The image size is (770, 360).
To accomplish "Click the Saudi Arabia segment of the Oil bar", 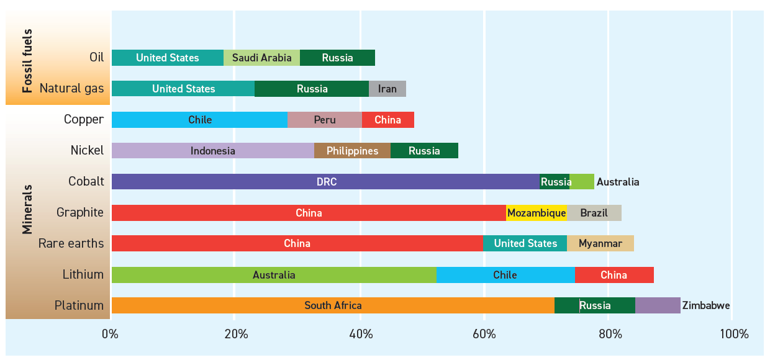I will click(261, 58).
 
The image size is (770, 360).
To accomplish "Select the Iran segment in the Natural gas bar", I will click(387, 89).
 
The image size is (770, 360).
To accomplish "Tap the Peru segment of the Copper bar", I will click(324, 120).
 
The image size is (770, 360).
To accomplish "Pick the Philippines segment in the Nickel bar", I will click(352, 151).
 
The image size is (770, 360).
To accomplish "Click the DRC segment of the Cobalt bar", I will click(325, 182).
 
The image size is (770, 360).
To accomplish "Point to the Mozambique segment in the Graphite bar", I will click(537, 213).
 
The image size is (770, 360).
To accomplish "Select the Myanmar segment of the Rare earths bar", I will click(600, 243).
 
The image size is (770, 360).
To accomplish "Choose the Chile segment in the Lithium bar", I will click(505, 274).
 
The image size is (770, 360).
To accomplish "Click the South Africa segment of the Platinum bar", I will click(333, 305).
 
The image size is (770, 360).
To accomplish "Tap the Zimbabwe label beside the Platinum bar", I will click(705, 305).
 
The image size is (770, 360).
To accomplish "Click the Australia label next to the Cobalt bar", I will click(617, 182).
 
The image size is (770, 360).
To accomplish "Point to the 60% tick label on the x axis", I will click(484, 335).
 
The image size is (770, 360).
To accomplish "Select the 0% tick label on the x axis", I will click(111, 335).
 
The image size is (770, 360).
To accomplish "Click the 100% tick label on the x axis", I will click(733, 335).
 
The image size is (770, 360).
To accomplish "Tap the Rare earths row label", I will click(71, 243).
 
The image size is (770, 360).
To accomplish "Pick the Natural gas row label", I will click(71, 89).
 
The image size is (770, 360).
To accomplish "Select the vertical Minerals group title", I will click(27, 209).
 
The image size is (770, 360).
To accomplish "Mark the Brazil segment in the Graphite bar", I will click(594, 213).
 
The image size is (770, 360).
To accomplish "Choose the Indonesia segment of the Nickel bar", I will click(212, 151).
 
